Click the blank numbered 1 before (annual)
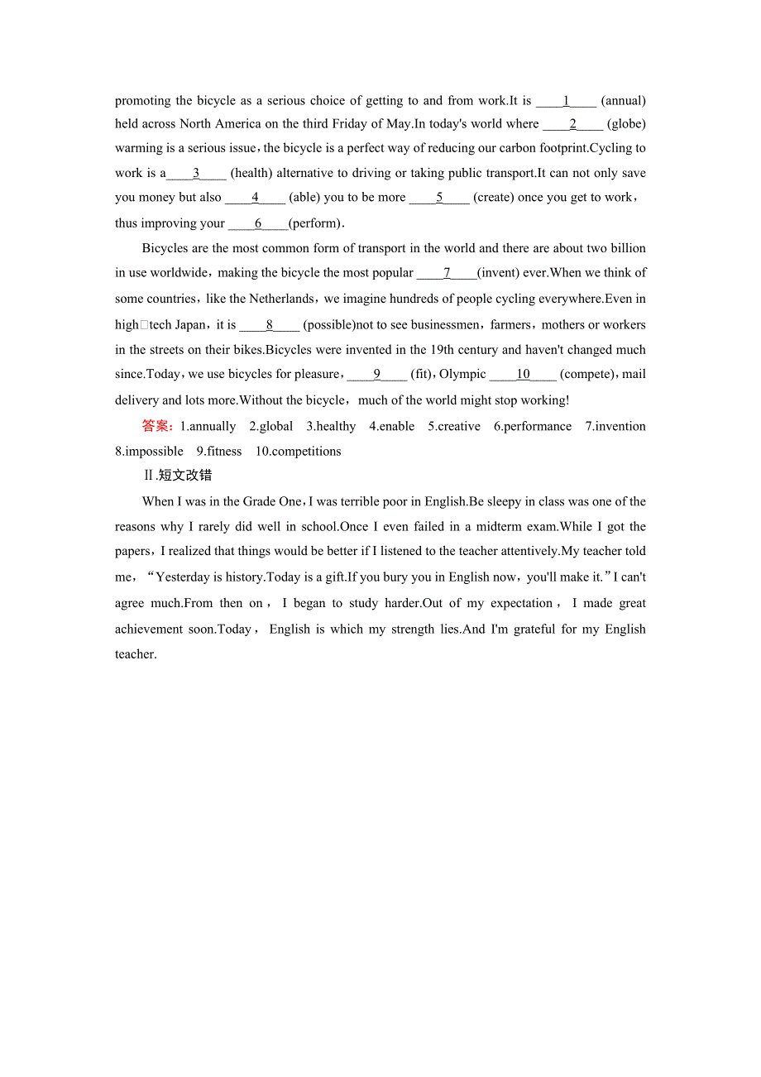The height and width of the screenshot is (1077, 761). pos(566,101)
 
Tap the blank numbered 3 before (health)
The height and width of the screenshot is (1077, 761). pos(196,173)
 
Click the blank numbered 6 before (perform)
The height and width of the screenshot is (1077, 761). pos(258,223)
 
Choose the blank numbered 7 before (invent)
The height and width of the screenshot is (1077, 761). pos(447,272)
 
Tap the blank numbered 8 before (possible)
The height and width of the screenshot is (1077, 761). pos(270,325)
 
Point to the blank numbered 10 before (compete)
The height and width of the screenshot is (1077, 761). pos(523,374)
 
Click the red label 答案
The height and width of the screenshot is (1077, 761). pos(158,426)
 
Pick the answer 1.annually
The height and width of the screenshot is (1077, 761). pos(208,427)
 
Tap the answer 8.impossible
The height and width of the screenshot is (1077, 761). pos(150,452)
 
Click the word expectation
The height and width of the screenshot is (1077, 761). pos(522,604)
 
